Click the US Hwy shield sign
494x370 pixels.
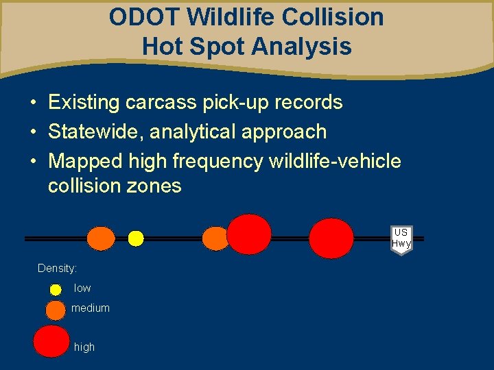[401, 239]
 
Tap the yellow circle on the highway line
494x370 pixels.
[136, 238]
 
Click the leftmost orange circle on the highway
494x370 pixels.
[102, 238]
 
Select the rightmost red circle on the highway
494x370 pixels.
[331, 238]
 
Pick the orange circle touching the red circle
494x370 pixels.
[215, 238]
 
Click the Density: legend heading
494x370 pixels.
[57, 269]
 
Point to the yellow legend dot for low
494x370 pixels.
[56, 289]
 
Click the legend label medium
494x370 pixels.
[91, 308]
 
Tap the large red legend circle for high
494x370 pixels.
[51, 341]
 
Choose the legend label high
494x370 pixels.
[84, 347]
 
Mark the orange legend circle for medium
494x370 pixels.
[54, 310]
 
